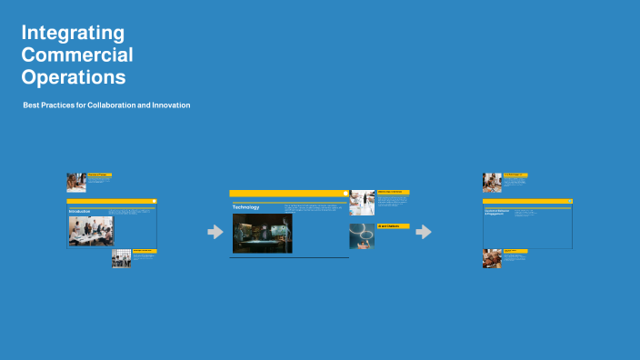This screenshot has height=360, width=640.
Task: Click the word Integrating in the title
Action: click(x=73, y=34)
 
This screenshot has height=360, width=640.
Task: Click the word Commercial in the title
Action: click(x=77, y=55)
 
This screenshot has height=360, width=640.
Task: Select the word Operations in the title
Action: click(x=74, y=77)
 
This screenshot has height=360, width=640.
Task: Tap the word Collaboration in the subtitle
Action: click(x=112, y=105)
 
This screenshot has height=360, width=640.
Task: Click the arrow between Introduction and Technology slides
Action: click(x=215, y=232)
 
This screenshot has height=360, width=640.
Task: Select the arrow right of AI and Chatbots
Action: click(x=424, y=232)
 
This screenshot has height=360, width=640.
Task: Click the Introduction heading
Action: click(x=80, y=211)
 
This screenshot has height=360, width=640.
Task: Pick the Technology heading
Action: click(x=246, y=207)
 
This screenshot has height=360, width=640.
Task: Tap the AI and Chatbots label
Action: click(x=393, y=225)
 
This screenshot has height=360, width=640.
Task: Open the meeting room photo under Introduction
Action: click(x=91, y=231)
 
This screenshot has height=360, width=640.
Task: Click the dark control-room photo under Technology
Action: click(x=262, y=233)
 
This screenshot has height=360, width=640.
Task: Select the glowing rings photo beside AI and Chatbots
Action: click(x=362, y=235)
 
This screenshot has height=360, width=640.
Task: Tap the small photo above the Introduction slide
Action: click(x=76, y=182)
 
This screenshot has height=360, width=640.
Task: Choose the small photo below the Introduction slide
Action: click(x=121, y=258)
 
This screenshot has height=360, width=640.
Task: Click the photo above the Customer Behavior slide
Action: click(x=492, y=182)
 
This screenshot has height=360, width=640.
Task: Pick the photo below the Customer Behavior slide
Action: click(x=492, y=258)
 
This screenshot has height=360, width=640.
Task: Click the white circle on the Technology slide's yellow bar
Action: click(x=345, y=193)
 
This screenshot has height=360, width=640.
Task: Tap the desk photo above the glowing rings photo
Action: click(x=362, y=202)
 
